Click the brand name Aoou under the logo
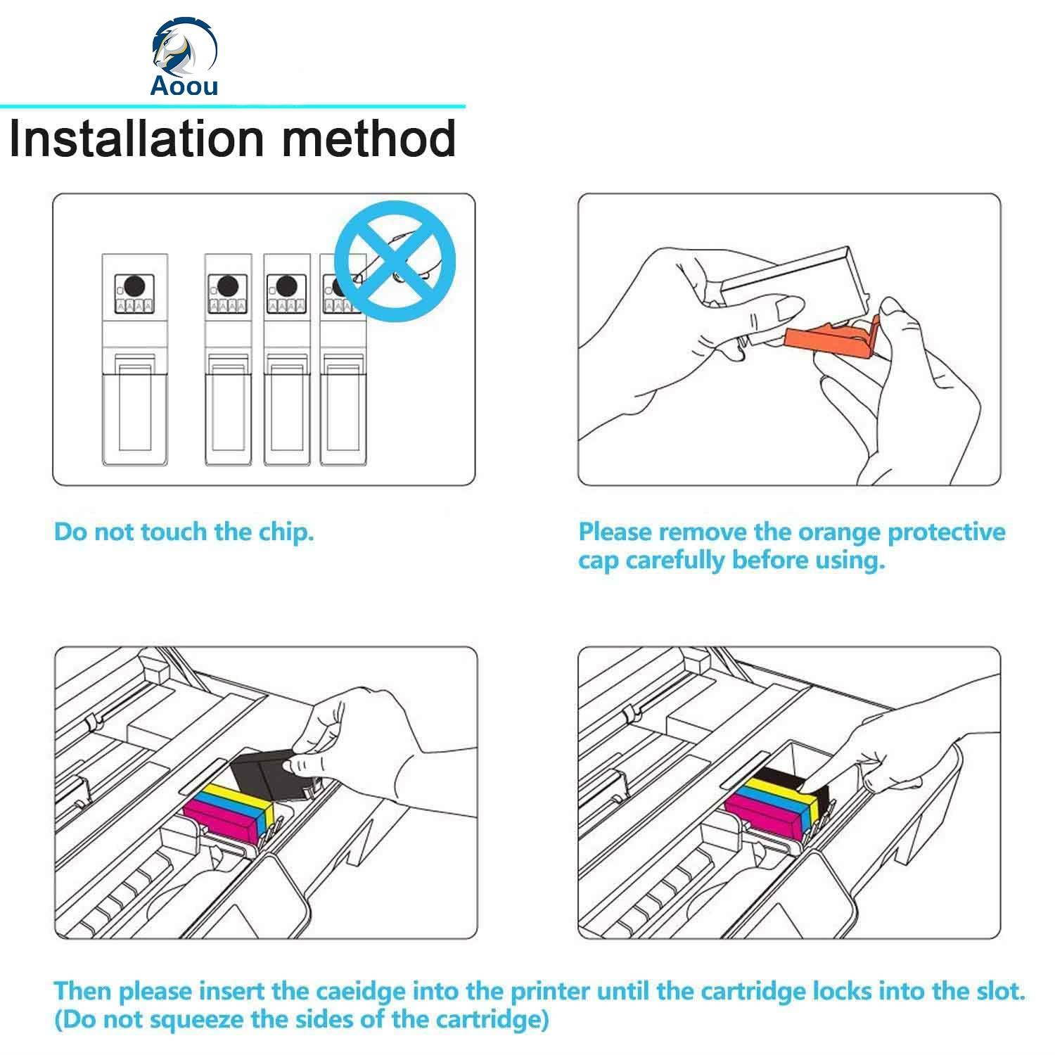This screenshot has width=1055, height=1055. pyautogui.click(x=184, y=86)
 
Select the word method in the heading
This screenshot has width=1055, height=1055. pyautogui.click(x=369, y=139)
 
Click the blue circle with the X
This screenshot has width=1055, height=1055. pyautogui.click(x=395, y=261)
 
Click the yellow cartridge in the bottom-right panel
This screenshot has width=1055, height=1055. pyautogui.click(x=780, y=791)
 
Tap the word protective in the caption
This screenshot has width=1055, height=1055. pyautogui.click(x=945, y=532)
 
